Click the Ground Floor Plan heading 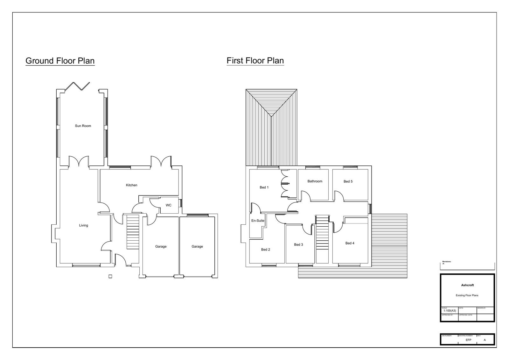pos(60,61)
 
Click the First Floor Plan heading pos(255,60)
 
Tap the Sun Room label pos(83,126)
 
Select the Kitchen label pos(131,185)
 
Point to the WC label pos(168,205)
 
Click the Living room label pos(83,225)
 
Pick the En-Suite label pos(258,221)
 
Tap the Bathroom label pos(315,181)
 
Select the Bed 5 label pos(348,181)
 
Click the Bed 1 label pos(264,187)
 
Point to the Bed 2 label pos(265,250)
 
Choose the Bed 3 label pos(298,244)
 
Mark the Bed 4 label pos(350,243)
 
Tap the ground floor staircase pos(133,232)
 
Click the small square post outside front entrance pos(110,276)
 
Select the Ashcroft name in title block pos(467,285)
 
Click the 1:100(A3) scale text pos(450,311)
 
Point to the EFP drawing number pos(468,340)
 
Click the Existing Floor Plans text pos(467,295)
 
